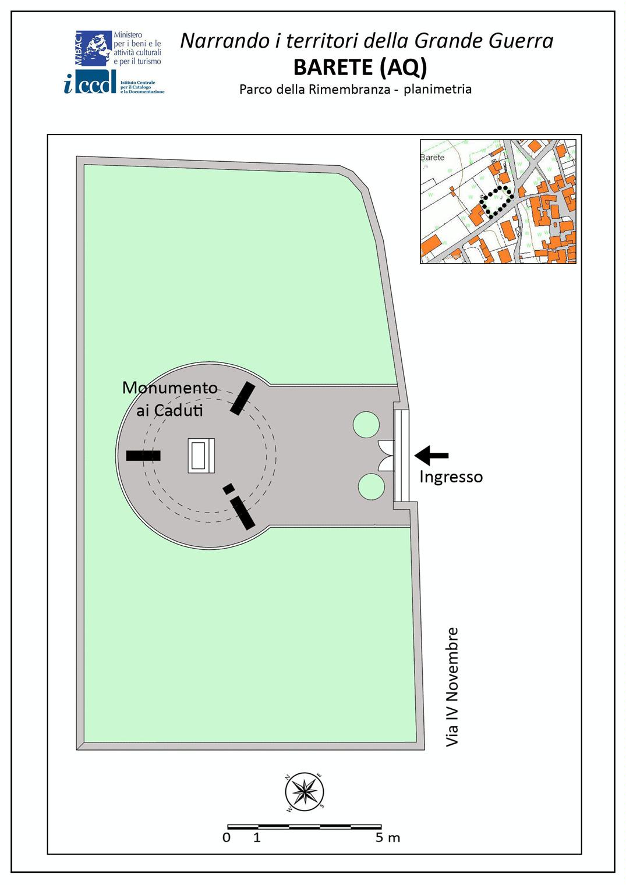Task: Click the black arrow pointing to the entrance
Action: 432,455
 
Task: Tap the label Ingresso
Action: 451,478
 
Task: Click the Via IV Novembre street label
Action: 452,687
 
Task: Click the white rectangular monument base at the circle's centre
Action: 201,456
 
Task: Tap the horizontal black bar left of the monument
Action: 143,456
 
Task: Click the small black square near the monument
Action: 228,489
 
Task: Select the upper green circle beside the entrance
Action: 366,424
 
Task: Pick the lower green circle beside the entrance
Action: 372,486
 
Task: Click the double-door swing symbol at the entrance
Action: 386,456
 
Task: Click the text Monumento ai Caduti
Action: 169,399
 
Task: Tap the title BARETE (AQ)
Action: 360,67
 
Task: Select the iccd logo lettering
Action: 90,83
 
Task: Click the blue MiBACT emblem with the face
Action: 94,48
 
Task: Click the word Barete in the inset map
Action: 432,157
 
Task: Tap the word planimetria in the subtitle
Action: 437,89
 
